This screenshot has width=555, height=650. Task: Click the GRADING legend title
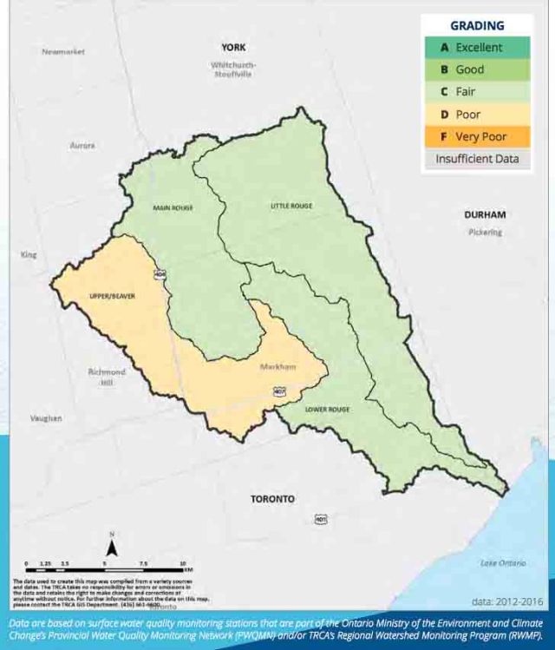click(x=476, y=26)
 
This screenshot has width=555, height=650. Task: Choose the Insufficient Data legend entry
click(x=477, y=159)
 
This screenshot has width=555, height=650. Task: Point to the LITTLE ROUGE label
click(x=291, y=206)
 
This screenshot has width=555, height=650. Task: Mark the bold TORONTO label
click(x=272, y=499)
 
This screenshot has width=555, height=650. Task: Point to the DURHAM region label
click(x=485, y=214)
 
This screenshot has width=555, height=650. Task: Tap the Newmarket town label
click(x=63, y=52)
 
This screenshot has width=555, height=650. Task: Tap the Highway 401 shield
click(x=321, y=519)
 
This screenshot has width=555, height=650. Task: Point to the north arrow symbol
click(x=112, y=547)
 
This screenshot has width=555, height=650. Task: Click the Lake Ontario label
click(x=503, y=564)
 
